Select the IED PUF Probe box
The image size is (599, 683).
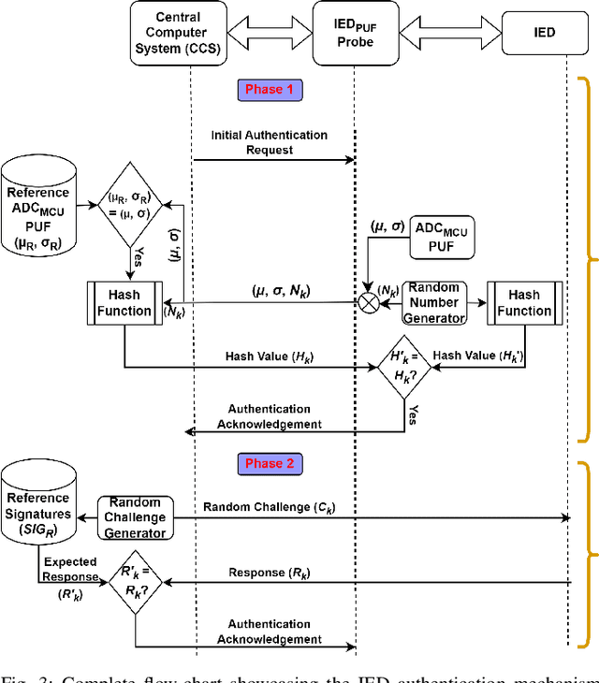(x=355, y=33)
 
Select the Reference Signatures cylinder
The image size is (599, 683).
(x=38, y=506)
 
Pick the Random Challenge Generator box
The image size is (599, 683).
(x=136, y=517)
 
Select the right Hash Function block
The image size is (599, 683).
(x=524, y=303)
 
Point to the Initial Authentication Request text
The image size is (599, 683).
(x=270, y=142)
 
